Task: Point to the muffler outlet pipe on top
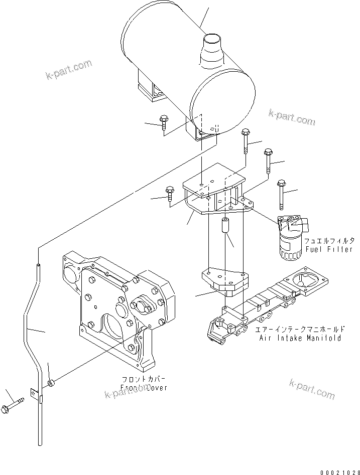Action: click(211, 50)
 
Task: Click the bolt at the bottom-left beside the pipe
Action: click(15, 403)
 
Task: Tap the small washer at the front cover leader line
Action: click(51, 384)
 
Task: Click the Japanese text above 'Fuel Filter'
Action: click(328, 240)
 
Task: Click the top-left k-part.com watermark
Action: click(68, 70)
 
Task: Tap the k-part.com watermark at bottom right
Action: click(312, 389)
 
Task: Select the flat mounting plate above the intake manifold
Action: click(224, 279)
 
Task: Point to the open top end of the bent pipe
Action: click(38, 263)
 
